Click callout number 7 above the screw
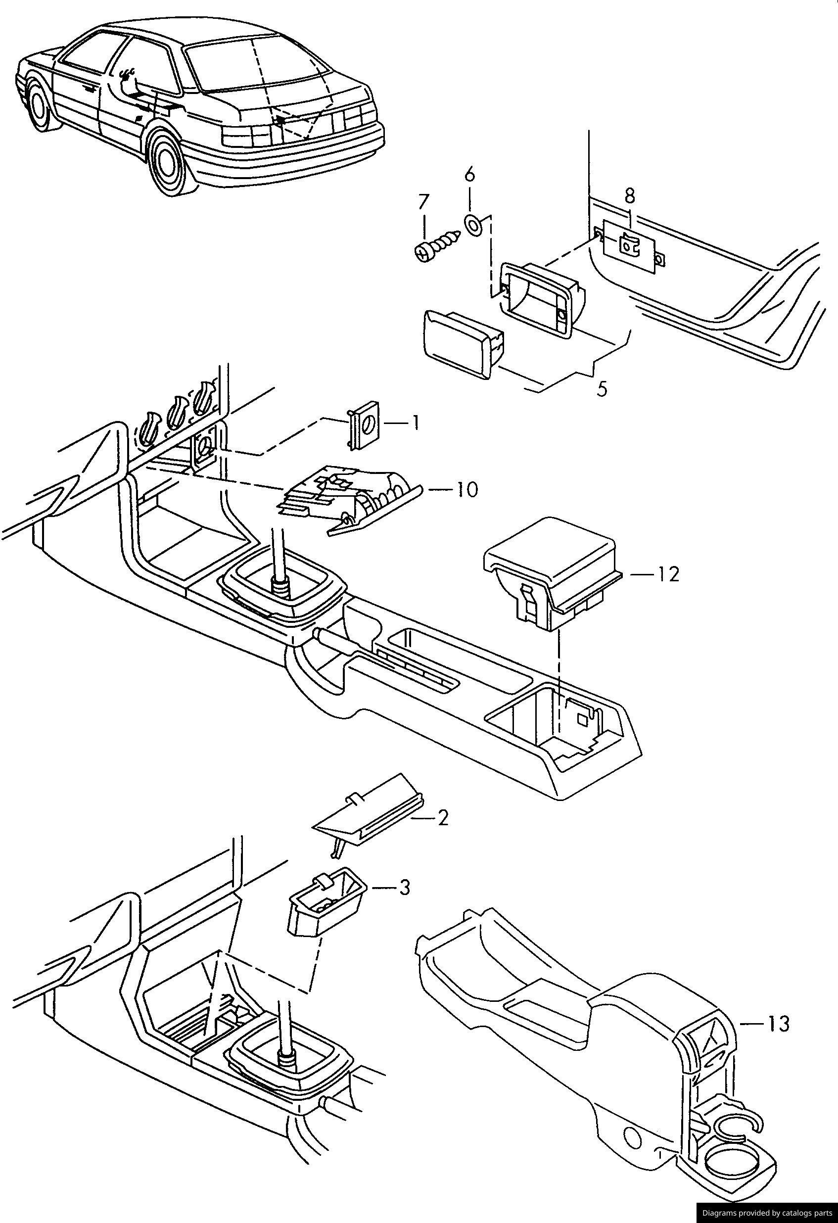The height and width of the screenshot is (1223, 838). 423,201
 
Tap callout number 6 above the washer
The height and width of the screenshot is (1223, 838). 470,174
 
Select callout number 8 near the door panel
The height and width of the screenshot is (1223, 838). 629,196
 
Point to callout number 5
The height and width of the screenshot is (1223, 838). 603,389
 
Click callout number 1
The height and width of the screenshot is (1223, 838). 415,423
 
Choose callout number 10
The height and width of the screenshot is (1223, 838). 466,490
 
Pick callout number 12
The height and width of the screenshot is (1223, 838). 667,574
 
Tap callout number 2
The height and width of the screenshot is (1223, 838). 442,818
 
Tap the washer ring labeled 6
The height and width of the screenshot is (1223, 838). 472,225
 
